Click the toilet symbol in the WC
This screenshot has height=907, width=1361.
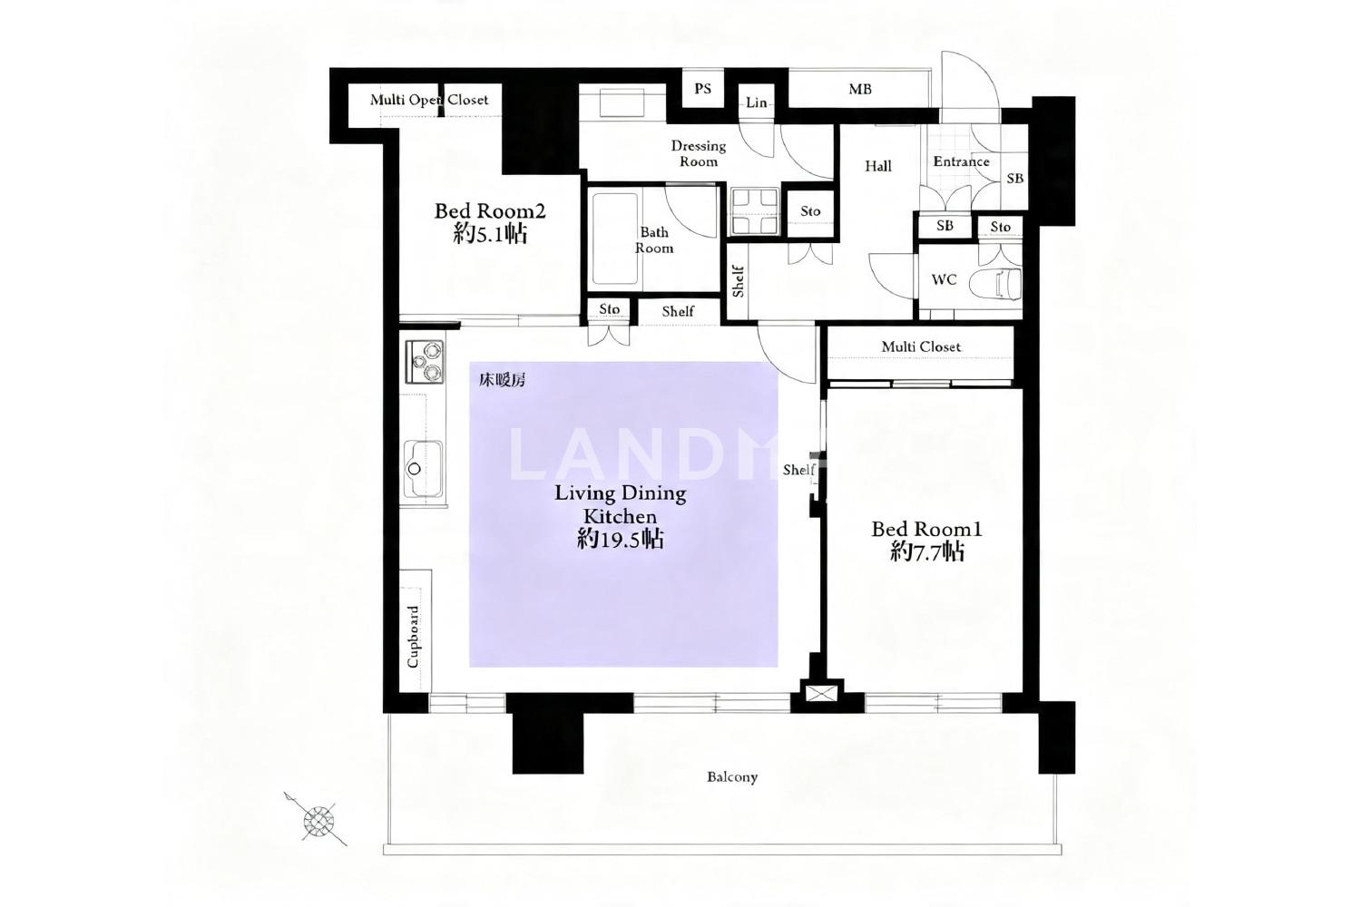(995, 284)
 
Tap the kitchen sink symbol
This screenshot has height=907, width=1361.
(423, 469)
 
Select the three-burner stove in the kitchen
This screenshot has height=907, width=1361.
(424, 362)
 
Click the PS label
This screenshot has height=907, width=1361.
(703, 89)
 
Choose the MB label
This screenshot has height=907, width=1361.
(860, 89)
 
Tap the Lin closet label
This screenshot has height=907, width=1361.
(757, 102)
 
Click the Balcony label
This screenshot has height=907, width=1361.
(732, 777)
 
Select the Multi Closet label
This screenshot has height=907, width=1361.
(921, 346)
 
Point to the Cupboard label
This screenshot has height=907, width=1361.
(413, 637)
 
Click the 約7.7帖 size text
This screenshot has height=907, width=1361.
(927, 552)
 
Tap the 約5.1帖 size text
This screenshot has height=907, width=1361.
(490, 234)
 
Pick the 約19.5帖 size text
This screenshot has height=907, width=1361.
(621, 539)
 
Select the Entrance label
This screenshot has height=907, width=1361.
(961, 161)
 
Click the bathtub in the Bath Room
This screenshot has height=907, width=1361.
(615, 239)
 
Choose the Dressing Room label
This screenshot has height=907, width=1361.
(698, 153)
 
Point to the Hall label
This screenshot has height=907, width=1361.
(878, 166)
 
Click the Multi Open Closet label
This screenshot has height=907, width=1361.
(429, 100)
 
